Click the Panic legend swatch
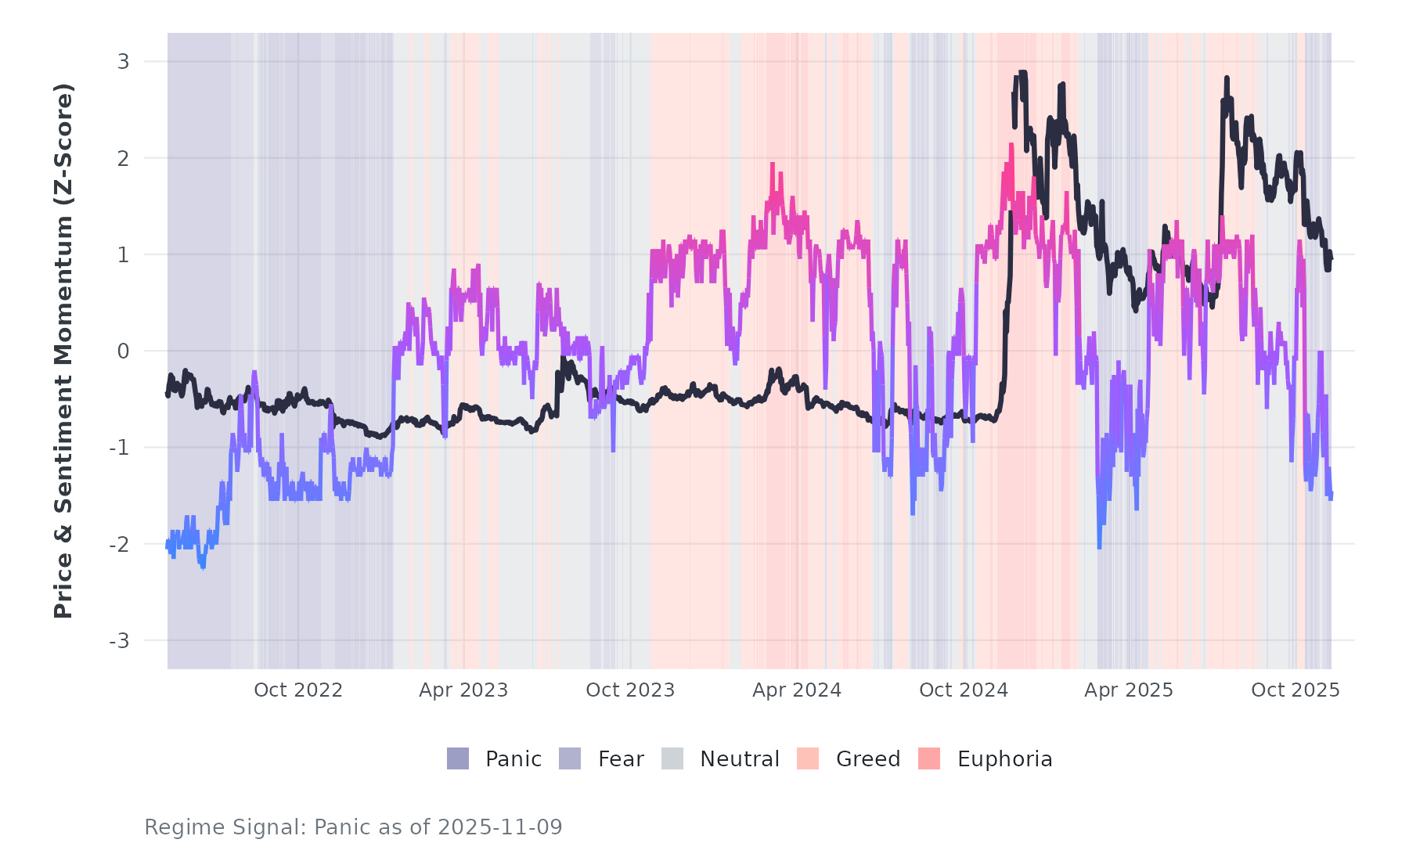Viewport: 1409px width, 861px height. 458,758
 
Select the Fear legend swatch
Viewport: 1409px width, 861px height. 570,758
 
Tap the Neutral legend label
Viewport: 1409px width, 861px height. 739,759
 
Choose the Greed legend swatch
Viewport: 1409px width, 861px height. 808,758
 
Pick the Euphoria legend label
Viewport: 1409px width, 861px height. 1004,759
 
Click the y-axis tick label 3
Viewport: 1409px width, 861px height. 124,62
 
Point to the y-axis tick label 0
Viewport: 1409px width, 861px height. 124,351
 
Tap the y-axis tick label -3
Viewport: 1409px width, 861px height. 120,641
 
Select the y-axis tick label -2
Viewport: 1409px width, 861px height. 120,545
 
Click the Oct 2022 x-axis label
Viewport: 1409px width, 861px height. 298,690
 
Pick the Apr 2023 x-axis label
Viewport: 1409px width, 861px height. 463,690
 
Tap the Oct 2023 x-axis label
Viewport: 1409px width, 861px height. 630,690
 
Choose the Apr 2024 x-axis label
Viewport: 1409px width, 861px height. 797,690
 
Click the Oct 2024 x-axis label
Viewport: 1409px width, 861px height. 964,690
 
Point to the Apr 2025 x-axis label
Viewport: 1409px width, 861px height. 1129,690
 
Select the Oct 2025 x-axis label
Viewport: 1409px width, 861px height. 1295,690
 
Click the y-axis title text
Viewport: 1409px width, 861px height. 63,351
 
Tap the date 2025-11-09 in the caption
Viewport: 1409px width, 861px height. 500,827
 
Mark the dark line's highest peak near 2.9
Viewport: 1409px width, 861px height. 1022,73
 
